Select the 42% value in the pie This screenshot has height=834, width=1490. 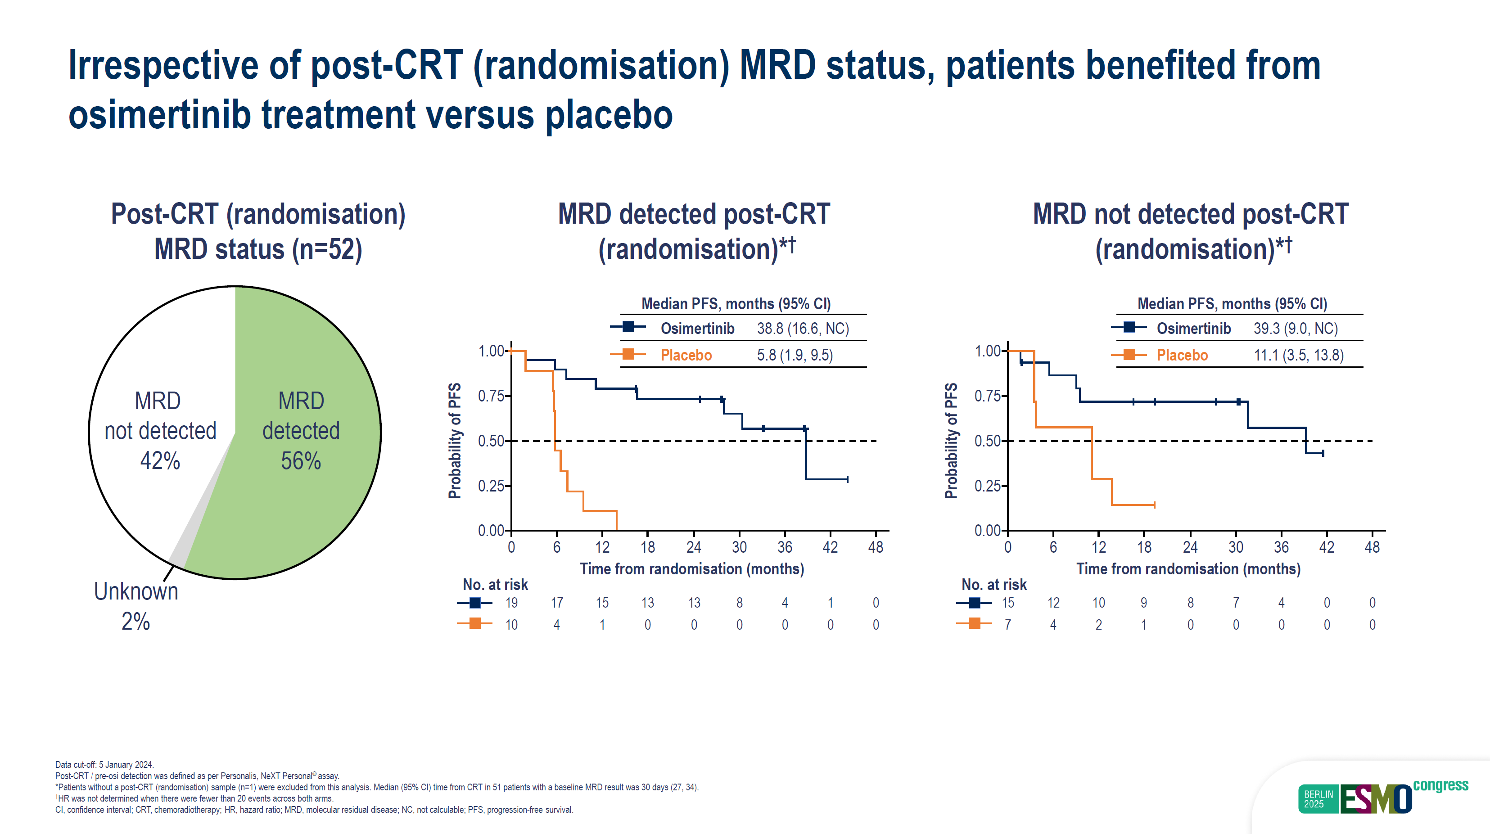[x=160, y=461]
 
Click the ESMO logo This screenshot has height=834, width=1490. [x=1376, y=799]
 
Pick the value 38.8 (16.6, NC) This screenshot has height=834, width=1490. [x=803, y=329]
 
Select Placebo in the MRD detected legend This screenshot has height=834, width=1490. [x=686, y=355]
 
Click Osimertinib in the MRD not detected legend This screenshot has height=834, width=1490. [x=1193, y=329]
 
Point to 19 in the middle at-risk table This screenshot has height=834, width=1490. [x=511, y=603]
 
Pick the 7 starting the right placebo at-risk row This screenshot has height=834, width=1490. [x=1007, y=625]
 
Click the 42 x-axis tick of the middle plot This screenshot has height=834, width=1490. [x=830, y=547]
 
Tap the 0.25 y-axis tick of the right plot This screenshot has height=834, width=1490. [x=987, y=486]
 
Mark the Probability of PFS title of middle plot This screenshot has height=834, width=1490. [x=455, y=440]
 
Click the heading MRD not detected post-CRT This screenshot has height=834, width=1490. [x=1190, y=214]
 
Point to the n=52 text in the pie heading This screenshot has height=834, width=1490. [x=327, y=249]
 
